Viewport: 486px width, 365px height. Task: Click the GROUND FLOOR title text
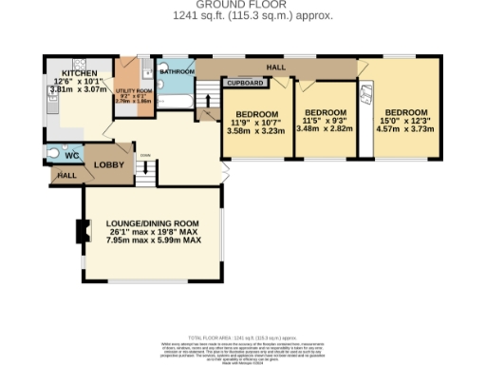click(242, 6)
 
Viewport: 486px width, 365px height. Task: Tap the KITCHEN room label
click(81, 72)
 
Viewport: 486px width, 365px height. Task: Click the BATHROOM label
click(177, 71)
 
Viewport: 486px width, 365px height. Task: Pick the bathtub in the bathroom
click(177, 95)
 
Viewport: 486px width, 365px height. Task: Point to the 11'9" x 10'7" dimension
click(253, 121)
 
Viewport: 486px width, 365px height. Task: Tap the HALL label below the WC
click(65, 176)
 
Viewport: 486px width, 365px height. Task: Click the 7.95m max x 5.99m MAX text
click(154, 240)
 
